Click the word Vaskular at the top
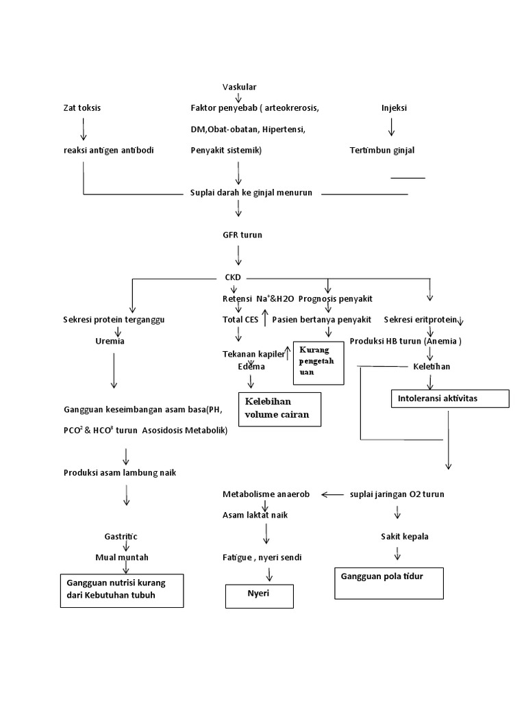click(x=239, y=86)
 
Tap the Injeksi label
click(x=394, y=107)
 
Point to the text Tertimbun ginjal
click(x=382, y=151)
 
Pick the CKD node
click(x=233, y=278)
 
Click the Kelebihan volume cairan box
click(x=279, y=409)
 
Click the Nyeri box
click(x=260, y=595)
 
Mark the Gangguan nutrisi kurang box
click(x=121, y=589)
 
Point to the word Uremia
click(x=110, y=340)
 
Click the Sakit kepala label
click(x=404, y=536)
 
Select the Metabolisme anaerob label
click(x=266, y=494)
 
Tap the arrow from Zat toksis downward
click(x=83, y=129)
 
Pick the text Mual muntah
click(x=122, y=557)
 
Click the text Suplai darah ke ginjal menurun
click(x=251, y=192)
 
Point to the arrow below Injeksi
click(x=391, y=127)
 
